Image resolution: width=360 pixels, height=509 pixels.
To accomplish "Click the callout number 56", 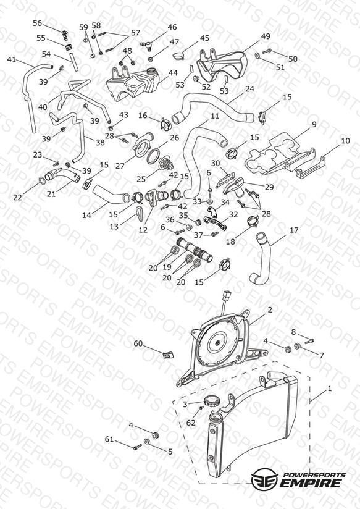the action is click(38, 23).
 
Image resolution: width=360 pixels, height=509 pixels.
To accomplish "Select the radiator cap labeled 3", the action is click(212, 402).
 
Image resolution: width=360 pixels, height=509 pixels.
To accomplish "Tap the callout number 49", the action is click(266, 36).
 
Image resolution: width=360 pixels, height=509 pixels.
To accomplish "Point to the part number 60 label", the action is click(138, 343).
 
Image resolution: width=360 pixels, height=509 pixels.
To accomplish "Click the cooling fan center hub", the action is click(217, 342).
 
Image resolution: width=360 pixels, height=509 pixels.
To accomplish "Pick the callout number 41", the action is click(12, 59).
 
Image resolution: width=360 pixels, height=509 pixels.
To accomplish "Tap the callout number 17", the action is click(294, 230).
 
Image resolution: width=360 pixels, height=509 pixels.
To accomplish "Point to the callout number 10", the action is click(345, 141).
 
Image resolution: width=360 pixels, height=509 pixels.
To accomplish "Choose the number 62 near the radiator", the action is click(191, 423).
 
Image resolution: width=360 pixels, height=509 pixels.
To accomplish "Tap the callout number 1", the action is click(330, 389).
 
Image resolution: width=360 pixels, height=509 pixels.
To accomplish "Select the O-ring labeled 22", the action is click(42, 181).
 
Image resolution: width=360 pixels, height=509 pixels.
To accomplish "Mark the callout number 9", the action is click(314, 124).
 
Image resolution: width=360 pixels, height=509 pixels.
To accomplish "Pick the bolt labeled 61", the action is click(138, 447).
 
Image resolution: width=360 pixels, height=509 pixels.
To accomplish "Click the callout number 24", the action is click(249, 88).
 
